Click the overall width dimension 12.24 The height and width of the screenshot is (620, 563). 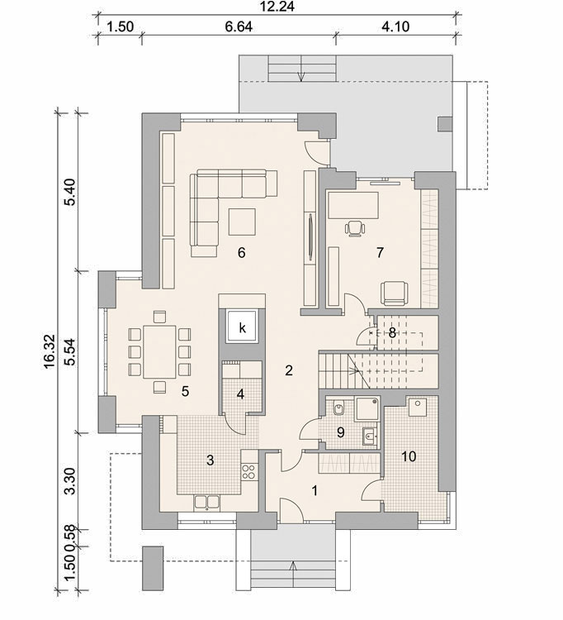tap(277, 7)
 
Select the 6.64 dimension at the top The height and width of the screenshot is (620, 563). tap(239, 26)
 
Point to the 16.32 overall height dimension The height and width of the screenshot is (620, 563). tap(50, 351)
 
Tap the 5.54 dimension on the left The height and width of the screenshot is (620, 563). tap(71, 351)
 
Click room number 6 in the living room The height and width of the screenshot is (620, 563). tap(242, 253)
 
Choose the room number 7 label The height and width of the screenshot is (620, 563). tap(380, 253)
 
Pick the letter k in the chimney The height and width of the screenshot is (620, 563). tap(242, 327)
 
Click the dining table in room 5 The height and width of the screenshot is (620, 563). tap(159, 351)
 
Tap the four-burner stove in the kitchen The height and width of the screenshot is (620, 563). tap(248, 471)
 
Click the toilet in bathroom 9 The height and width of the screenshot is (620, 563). tap(338, 408)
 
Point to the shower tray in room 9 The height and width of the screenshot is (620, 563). tap(367, 409)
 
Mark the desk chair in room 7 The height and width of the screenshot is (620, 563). tap(354, 228)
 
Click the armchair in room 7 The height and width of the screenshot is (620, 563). tap(394, 293)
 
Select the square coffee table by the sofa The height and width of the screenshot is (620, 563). tap(242, 222)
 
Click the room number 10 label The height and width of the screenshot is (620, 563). tap(409, 456)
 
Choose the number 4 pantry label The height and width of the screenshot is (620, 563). tap(240, 394)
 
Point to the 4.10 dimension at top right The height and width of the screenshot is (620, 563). tap(395, 26)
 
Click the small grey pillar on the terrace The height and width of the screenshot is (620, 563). tap(445, 124)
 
